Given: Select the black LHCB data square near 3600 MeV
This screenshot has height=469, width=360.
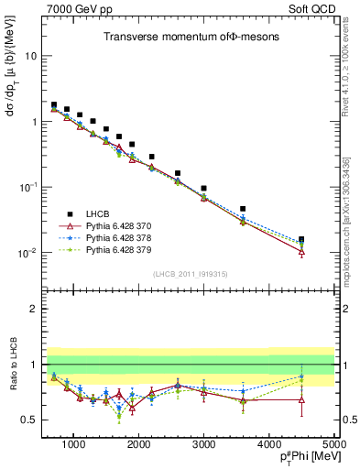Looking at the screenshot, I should [x=243, y=209].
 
